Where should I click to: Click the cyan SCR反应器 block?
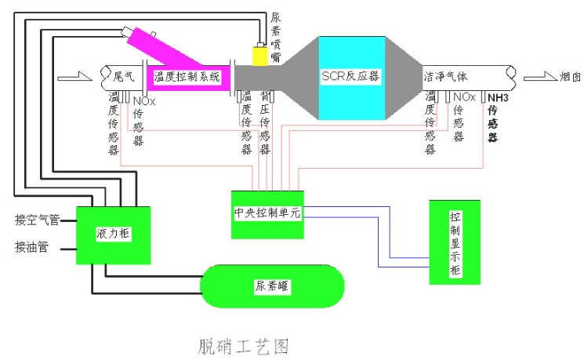click(352, 77)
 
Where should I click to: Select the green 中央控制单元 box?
click(267, 212)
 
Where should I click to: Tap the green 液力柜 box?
click(112, 235)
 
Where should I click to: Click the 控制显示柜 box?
click(455, 242)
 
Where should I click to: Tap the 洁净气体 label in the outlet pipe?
click(445, 77)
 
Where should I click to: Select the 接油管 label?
click(32, 247)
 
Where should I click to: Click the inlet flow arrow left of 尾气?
click(70, 77)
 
